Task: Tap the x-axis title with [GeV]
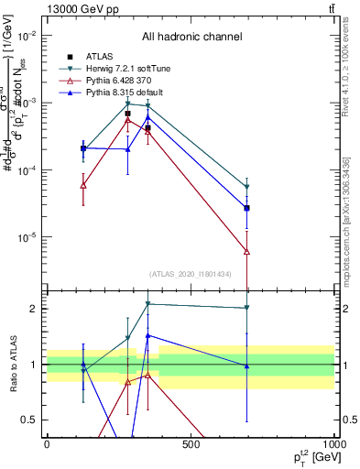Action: (x=306, y=457)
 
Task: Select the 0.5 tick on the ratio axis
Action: (x=30, y=420)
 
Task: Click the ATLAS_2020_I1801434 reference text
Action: (x=191, y=274)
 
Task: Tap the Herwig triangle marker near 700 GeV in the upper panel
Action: (x=247, y=188)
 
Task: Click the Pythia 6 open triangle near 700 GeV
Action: (x=247, y=251)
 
